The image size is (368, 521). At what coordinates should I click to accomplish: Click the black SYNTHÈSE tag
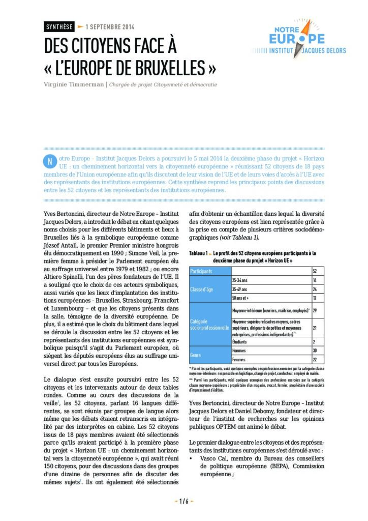coord(59,27)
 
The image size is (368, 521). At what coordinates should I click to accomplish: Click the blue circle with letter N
coord(49,162)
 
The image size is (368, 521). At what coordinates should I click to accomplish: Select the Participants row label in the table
coord(202,271)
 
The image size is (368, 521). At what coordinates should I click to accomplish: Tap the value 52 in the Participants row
coord(315,271)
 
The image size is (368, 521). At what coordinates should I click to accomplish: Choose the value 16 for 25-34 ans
coord(315,280)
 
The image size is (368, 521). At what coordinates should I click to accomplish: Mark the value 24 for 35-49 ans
coord(315,289)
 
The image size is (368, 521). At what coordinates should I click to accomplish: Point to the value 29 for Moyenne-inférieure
coord(315,310)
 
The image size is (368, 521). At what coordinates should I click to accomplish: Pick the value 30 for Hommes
coord(315,351)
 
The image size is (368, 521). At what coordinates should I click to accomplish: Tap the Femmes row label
coord(239,359)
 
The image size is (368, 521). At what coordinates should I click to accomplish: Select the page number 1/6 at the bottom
coord(184,501)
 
